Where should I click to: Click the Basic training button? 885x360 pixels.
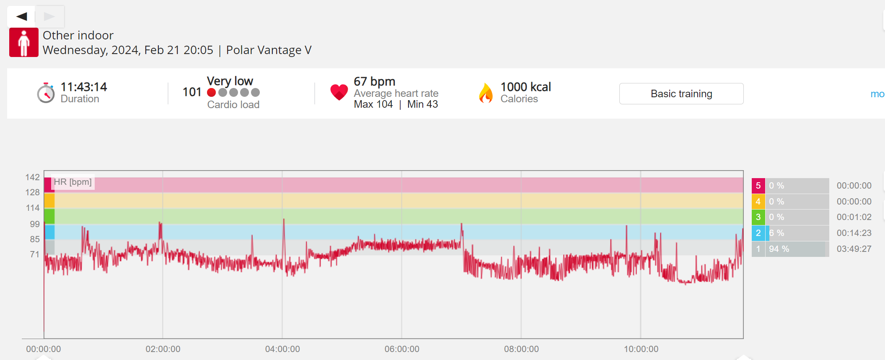coord(681,93)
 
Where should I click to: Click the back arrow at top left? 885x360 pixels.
coord(21,16)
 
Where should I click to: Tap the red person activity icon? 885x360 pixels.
coord(24,42)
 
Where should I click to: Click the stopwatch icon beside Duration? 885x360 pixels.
coord(46,93)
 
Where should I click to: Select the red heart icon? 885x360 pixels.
coord(339,92)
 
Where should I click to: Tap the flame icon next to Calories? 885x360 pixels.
coord(486,93)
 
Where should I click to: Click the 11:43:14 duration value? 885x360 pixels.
coord(84,87)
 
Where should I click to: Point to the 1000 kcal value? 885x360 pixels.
coord(525,87)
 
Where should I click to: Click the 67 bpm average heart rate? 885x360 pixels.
coord(374,81)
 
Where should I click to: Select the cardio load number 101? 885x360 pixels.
coord(192,92)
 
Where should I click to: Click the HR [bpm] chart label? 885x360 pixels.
coord(72,182)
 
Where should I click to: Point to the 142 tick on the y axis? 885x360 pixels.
coord(32,177)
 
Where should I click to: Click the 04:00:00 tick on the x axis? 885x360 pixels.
coord(282,349)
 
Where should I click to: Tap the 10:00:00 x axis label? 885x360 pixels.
coord(641,349)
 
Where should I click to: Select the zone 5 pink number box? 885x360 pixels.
coord(758,186)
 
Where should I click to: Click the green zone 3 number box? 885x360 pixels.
coord(758,217)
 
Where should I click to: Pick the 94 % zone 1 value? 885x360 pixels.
coord(779,249)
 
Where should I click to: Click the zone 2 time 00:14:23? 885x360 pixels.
coord(854,233)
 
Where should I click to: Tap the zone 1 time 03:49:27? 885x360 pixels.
coord(854,249)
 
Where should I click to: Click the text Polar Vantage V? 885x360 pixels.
coord(269,50)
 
